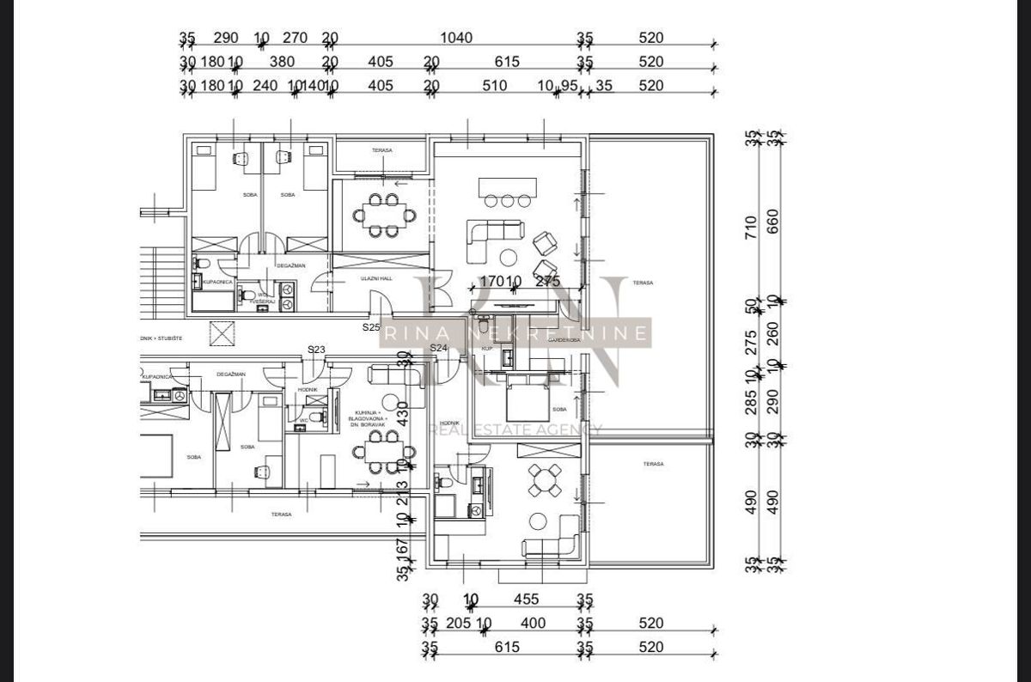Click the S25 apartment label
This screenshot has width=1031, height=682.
coord(371,327)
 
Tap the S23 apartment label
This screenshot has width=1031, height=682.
coord(317,349)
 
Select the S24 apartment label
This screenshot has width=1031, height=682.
coord(439,348)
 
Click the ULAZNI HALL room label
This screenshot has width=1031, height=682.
coord(376,279)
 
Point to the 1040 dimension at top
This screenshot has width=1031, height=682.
coord(455,39)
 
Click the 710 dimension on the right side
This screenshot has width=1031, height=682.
coord(752,228)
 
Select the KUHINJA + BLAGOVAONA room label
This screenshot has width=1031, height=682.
coord(367,418)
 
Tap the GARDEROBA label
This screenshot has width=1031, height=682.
coord(564,340)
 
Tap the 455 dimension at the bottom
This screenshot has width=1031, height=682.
coord(526,600)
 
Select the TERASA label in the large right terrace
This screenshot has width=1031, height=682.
coord(643,282)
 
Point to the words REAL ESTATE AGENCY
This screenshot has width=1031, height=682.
coord(515,429)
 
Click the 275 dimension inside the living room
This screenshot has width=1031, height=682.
coord(547,281)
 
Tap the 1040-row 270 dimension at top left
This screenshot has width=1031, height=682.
coord(295,39)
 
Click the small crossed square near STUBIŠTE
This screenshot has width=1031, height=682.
coord(223,332)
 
